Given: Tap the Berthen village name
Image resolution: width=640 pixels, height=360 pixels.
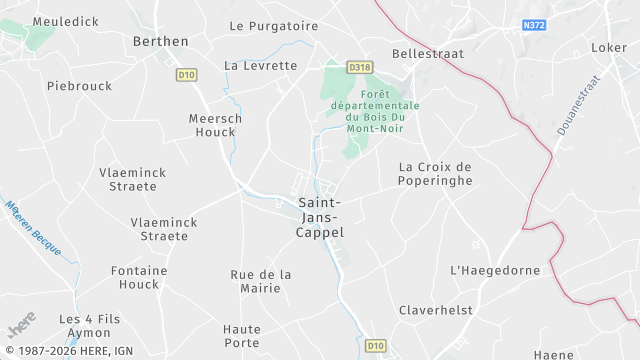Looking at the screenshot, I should click(160, 41).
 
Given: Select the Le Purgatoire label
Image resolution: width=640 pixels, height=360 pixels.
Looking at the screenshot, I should click(266, 26).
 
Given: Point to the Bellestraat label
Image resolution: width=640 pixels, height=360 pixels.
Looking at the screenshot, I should click(425, 53).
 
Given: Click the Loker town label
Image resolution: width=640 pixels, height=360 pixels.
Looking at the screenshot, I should click(608, 47).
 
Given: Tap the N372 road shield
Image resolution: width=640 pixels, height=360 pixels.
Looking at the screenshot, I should click(535, 25).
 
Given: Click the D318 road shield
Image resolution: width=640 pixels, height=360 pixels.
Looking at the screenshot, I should click(360, 67).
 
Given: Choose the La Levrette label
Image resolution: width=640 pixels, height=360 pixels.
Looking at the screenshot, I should click(261, 66).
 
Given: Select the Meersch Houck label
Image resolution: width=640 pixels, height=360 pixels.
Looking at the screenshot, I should click(216, 124).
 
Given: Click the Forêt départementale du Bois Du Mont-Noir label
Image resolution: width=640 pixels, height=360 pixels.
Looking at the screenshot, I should click(382, 111).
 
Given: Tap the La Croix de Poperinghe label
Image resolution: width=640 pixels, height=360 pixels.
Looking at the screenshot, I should click(435, 173).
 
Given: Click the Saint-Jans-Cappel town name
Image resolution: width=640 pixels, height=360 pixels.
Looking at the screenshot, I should click(321, 217).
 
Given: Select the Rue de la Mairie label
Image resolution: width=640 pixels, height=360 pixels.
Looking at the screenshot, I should click(261, 281).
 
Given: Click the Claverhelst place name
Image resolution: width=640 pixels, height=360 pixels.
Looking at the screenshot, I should click(436, 310).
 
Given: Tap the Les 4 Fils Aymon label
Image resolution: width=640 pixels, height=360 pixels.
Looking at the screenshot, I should click(90, 325).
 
